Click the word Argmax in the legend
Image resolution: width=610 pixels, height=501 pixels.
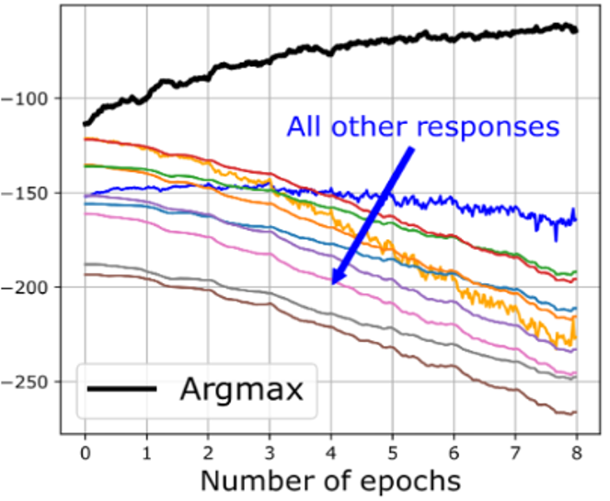(240, 390)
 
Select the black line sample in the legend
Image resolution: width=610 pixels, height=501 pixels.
(121, 390)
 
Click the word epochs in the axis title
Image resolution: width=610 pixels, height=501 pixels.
(409, 481)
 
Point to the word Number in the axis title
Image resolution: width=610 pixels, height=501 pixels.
(255, 479)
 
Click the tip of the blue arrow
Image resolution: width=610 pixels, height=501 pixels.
(332, 283)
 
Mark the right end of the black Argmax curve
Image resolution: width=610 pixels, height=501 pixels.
(577, 30)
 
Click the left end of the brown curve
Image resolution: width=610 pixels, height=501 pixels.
(85, 274)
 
